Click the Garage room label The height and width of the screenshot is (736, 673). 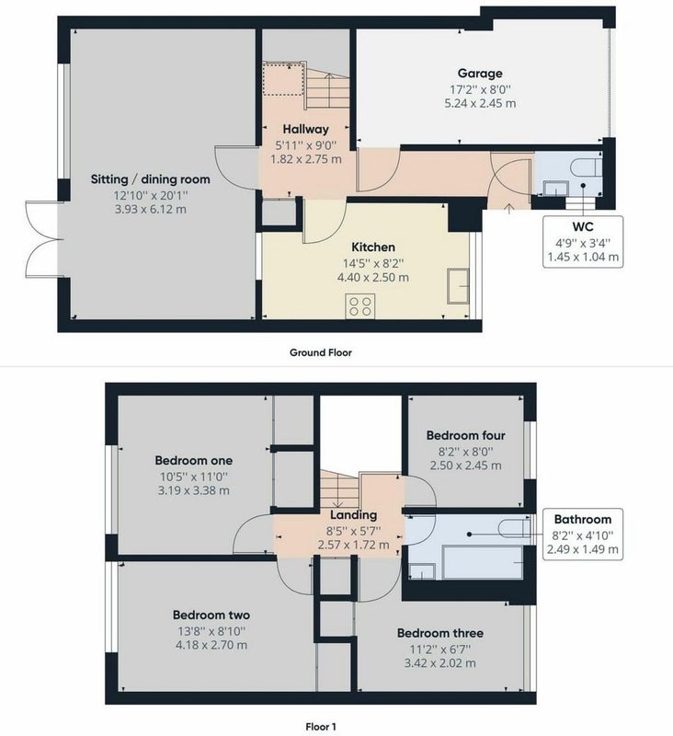480,74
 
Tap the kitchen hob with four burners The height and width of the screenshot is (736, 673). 360,305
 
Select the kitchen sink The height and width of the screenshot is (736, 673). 458,286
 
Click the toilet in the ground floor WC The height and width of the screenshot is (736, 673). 587,167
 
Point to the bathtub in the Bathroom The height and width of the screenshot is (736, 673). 483,562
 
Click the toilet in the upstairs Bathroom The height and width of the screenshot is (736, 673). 514,528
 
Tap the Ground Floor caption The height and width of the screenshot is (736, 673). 320,352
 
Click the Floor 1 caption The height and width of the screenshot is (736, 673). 321,727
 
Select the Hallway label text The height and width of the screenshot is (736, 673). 306,129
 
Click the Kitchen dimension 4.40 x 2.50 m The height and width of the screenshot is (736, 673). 373,278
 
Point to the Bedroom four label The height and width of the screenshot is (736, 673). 466,435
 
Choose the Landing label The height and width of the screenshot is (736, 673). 353,515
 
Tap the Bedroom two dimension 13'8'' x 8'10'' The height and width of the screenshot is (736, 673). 211,631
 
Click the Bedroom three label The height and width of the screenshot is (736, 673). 439,633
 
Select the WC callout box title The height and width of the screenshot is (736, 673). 583,226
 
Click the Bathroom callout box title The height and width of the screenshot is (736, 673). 583,519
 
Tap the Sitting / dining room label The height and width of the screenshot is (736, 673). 150,179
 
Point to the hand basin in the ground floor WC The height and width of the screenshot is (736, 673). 555,189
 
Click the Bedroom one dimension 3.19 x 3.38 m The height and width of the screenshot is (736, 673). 194,491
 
